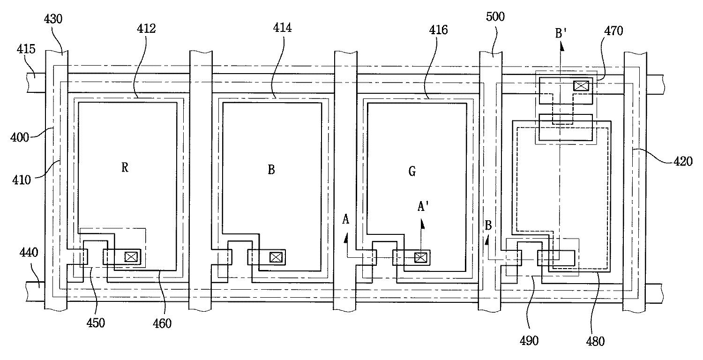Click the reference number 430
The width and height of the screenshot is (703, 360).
[53, 19]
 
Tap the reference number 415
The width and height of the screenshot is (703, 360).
[26, 49]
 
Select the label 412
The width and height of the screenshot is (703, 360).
[146, 29]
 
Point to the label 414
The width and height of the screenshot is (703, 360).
[282, 28]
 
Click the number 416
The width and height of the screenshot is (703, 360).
[438, 30]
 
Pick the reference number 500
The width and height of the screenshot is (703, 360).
[495, 16]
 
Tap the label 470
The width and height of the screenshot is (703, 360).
[613, 31]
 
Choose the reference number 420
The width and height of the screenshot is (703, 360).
[683, 161]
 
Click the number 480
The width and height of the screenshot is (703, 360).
[595, 341]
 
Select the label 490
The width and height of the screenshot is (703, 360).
[529, 340]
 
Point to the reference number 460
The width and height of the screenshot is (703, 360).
[162, 323]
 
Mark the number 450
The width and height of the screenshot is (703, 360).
[96, 322]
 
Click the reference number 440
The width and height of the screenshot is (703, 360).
[29, 252]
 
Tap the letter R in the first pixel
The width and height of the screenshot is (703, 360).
[125, 168]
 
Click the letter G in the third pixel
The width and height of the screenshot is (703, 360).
[412, 172]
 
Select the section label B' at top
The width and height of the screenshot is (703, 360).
[561, 33]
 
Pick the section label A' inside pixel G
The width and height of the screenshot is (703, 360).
[423, 206]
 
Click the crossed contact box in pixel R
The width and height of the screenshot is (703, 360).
[131, 257]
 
